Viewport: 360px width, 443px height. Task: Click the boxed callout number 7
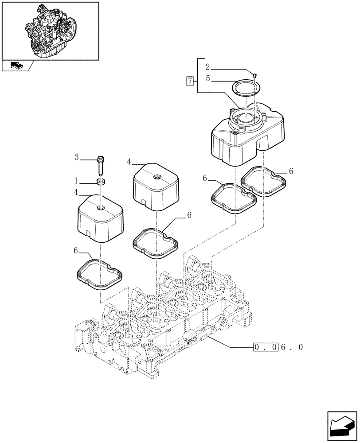click(x=190, y=81)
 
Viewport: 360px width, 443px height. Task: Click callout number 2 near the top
click(x=207, y=67)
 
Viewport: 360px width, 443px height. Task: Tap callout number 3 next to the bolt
click(x=77, y=157)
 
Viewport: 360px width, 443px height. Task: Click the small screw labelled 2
click(x=255, y=76)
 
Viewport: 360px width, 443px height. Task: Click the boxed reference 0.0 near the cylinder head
click(x=266, y=347)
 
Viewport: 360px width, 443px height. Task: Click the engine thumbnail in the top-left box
click(x=50, y=30)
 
